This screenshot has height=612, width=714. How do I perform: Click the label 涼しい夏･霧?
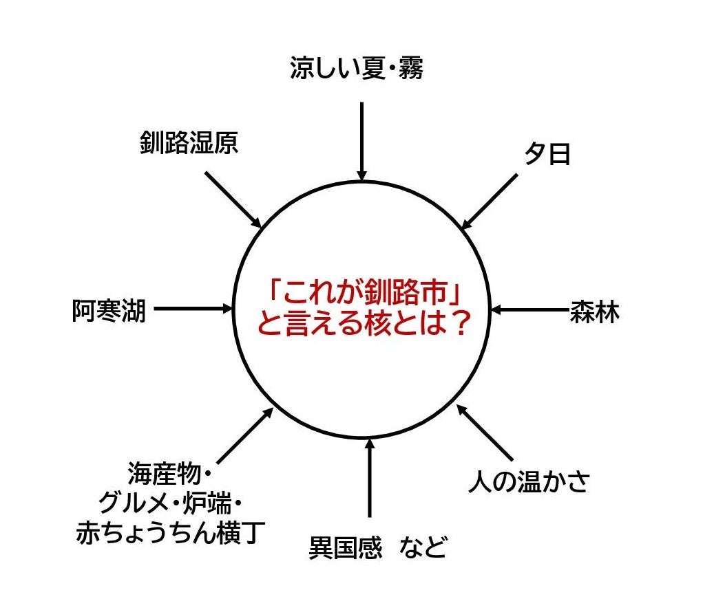point(357,68)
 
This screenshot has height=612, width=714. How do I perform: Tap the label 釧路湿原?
point(189,143)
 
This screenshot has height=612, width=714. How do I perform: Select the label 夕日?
point(547,153)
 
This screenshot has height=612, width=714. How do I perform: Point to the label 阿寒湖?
point(109,311)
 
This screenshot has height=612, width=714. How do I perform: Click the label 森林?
point(594,312)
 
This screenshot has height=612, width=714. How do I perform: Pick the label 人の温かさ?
point(529,481)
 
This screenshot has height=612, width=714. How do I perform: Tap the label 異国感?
point(346,547)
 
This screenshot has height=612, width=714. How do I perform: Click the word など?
point(423,547)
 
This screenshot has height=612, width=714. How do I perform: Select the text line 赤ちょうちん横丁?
point(170,533)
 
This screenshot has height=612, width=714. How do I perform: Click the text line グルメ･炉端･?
point(170,503)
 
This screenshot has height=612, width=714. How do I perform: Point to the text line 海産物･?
point(169,474)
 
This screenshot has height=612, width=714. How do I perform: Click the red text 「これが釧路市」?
point(363,292)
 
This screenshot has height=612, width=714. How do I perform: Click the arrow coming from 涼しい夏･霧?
point(362,141)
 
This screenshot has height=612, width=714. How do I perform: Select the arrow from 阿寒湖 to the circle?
point(193,309)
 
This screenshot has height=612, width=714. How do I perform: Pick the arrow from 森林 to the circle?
point(530,309)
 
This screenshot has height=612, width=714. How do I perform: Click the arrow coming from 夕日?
point(490,201)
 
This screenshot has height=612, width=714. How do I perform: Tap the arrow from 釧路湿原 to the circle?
point(233,199)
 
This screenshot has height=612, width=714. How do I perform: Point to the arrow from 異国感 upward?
point(369,478)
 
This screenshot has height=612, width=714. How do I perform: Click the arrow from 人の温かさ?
point(485,433)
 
